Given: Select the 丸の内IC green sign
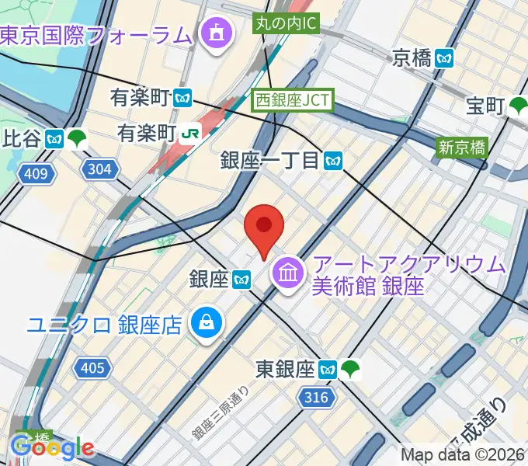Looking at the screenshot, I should pyautogui.click(x=286, y=23).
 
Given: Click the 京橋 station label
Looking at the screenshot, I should pyautogui.click(x=412, y=57).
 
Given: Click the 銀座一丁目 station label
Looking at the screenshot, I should pyautogui.click(x=270, y=161).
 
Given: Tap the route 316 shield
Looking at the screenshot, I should pyautogui.click(x=316, y=398).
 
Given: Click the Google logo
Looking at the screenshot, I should pyautogui.click(x=53, y=447).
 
